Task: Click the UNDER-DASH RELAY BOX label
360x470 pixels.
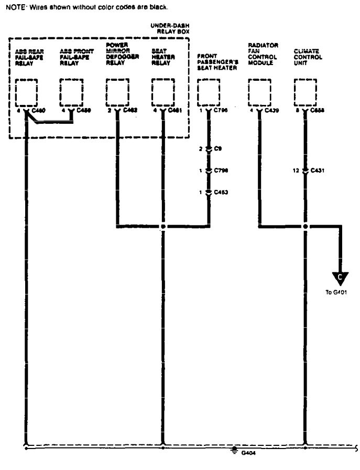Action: (x=170, y=28)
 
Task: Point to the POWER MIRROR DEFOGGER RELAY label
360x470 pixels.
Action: (x=120, y=54)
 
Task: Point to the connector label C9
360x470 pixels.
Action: (x=219, y=149)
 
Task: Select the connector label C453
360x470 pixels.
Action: (x=221, y=193)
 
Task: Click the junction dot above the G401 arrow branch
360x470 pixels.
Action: (x=306, y=227)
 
